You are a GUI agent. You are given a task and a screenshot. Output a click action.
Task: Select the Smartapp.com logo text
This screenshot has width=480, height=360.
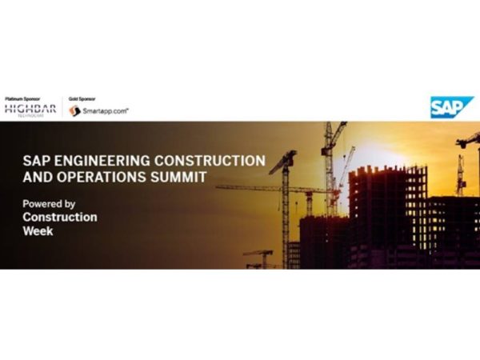[105, 111]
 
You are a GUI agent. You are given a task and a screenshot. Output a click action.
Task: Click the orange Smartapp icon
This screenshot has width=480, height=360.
[74, 111]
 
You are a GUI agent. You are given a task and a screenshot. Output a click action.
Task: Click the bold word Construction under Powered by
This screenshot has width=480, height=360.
[60, 217]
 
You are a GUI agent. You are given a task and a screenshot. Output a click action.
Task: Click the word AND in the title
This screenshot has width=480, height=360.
[35, 176]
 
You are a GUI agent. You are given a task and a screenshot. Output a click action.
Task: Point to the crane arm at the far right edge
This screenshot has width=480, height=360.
[469, 140]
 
